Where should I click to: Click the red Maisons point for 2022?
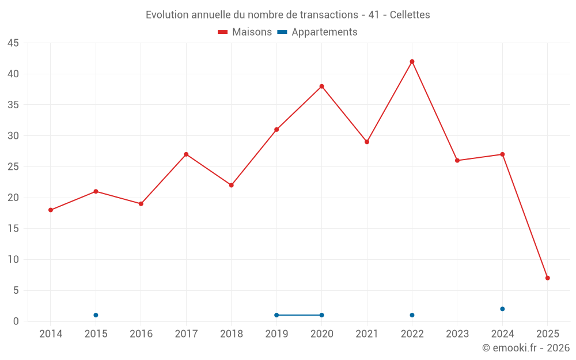[412, 62]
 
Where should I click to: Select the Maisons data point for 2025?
[547, 278]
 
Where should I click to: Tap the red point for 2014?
[51, 210]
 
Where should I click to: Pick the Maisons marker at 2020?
[321, 86]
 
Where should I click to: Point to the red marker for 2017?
[186, 154]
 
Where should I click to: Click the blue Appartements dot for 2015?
[96, 315]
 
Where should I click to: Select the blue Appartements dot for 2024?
[502, 309]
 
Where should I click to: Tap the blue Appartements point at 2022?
[412, 315]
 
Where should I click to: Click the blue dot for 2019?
[276, 315]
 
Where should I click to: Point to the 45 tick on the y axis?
[13, 43]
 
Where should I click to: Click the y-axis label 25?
[13, 167]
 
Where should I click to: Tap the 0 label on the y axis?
[16, 321]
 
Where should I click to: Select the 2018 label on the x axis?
[231, 334]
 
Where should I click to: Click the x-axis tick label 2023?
[457, 334]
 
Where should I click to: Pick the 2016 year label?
[141, 334]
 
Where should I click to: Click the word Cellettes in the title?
[410, 15]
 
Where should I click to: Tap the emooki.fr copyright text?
[525, 348]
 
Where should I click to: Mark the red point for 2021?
[367, 142]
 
